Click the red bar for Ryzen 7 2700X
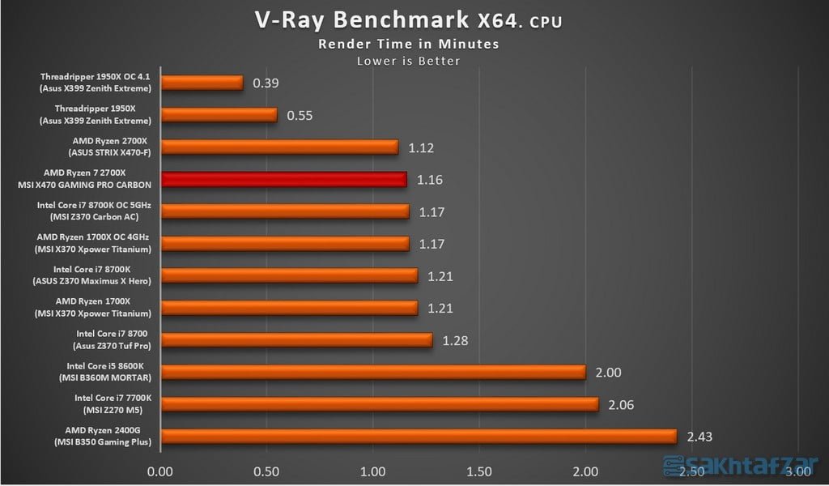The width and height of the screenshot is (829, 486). coord(283,179)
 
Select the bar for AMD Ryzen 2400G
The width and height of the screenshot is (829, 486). coord(419,436)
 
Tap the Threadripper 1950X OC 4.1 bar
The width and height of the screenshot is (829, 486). coord(202,83)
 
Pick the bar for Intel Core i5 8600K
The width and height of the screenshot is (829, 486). coord(373,372)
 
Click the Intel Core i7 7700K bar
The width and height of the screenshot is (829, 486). coord(380,404)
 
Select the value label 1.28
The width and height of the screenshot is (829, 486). coord(455,340)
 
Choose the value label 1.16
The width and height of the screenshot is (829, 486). coord(430,180)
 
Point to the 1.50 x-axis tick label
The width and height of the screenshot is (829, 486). coord(479,471)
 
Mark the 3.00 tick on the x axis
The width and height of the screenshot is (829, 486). coord(798,471)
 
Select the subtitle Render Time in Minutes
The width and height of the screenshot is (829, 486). coord(408,44)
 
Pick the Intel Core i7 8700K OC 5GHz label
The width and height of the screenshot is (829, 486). coord(95,205)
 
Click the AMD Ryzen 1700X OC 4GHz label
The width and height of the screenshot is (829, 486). coord(95,237)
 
